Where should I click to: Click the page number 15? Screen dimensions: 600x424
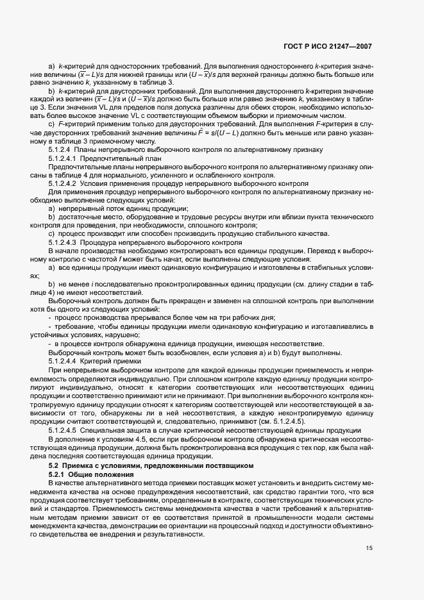pyautogui.click(x=369, y=548)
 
